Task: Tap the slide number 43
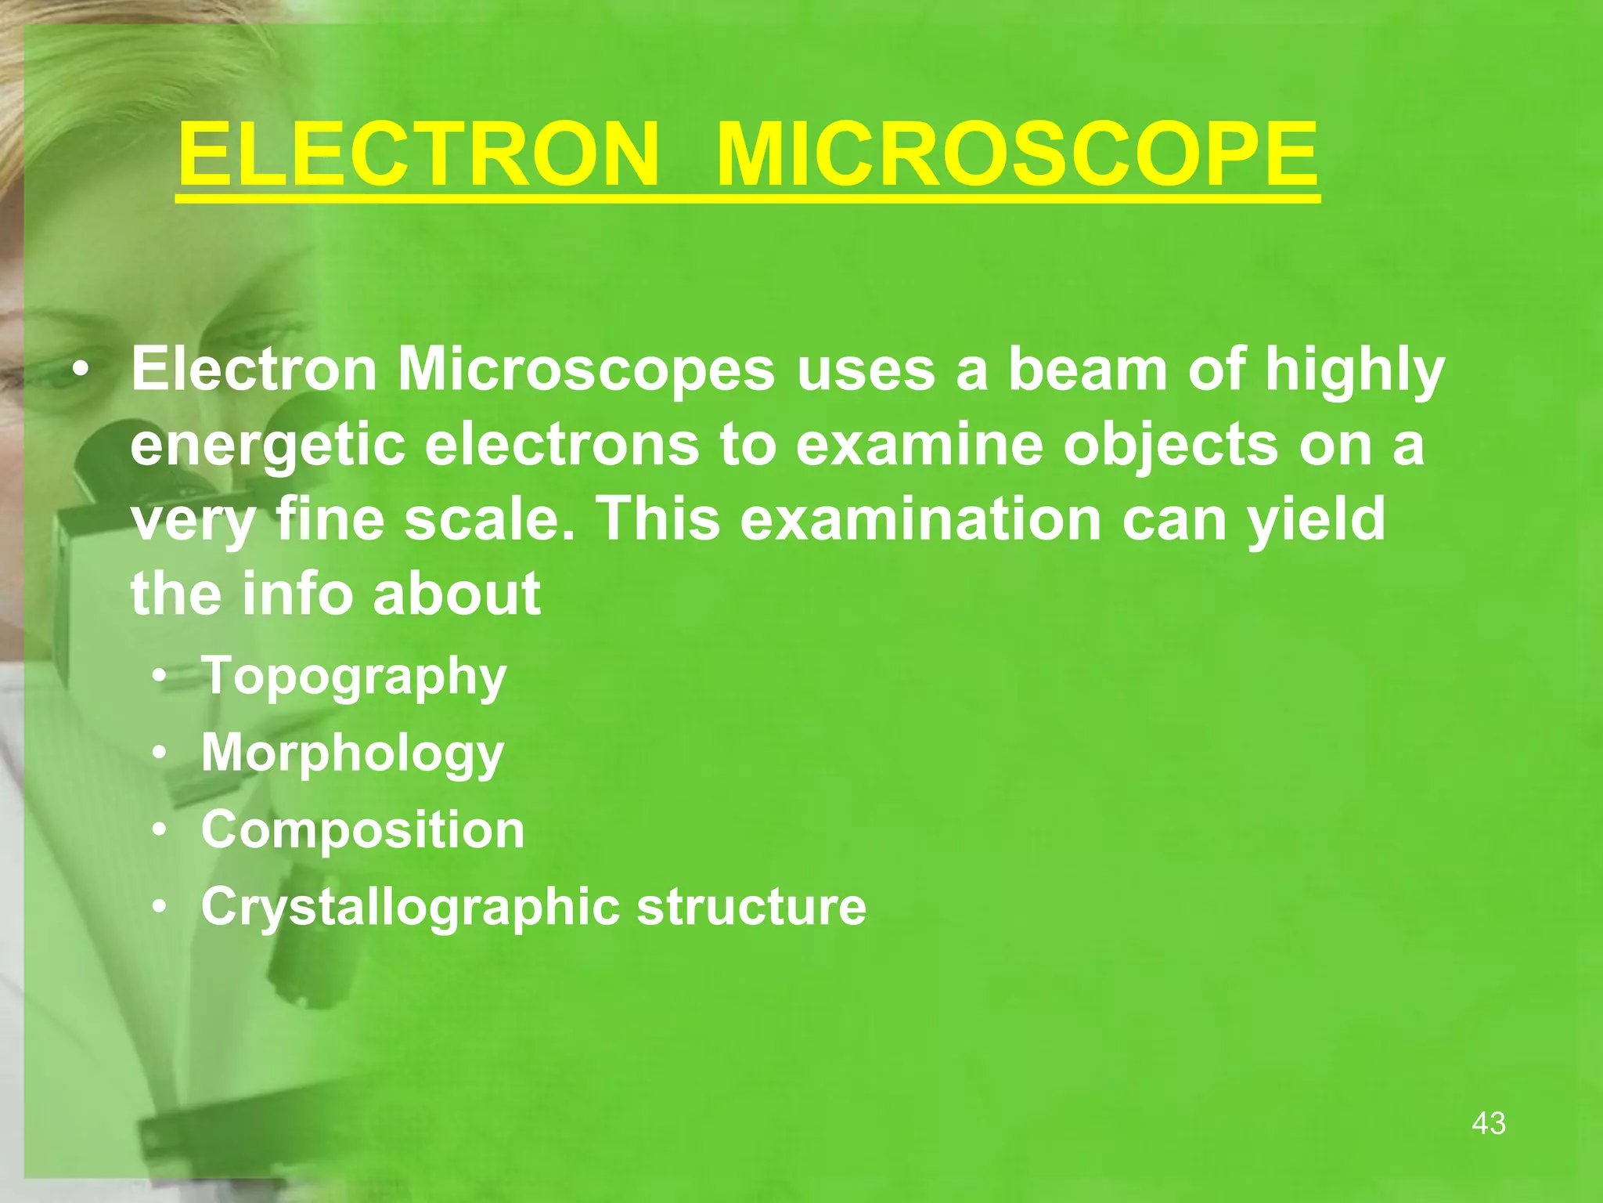pyautogui.click(x=1488, y=1123)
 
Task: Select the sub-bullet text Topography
pyautogui.click(x=354, y=677)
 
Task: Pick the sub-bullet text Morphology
pyautogui.click(x=352, y=753)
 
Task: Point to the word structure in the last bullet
pyautogui.click(x=751, y=906)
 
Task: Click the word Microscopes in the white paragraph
pyautogui.click(x=586, y=370)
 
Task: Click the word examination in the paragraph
pyautogui.click(x=920, y=518)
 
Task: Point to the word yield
pyautogui.click(x=1316, y=518)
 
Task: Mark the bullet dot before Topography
pyautogui.click(x=160, y=677)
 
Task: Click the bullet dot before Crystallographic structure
pyautogui.click(x=160, y=907)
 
